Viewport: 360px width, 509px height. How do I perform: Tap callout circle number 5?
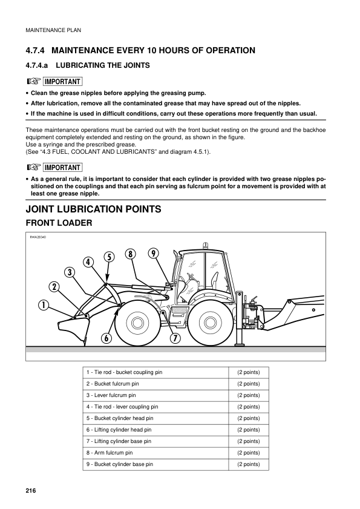pos(109,257)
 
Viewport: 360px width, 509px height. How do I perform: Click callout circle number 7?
pos(175,338)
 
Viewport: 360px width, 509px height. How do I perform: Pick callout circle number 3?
pos(70,272)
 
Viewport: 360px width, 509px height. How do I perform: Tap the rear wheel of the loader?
pos(209,322)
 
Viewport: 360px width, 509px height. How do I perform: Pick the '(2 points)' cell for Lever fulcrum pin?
pos(248,395)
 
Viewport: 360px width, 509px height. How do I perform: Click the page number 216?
pos(31,490)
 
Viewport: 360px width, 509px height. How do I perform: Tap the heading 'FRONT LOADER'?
pos(58,223)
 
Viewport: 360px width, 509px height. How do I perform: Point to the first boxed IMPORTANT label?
pos(62,82)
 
